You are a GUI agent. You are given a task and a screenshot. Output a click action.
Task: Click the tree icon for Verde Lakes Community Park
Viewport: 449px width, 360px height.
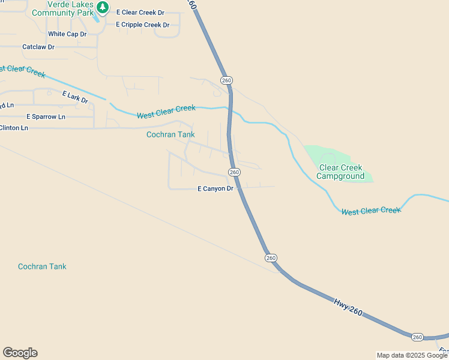(103, 7)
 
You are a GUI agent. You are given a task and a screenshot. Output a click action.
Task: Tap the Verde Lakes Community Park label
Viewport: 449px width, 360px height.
(62, 8)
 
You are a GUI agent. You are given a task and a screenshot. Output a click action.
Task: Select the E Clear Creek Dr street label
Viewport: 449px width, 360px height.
(140, 12)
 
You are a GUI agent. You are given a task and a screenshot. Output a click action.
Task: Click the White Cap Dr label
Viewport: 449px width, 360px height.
(67, 34)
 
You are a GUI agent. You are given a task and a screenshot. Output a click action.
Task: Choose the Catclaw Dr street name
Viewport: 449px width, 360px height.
(38, 46)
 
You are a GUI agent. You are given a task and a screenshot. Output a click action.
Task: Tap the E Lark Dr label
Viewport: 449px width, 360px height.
(75, 97)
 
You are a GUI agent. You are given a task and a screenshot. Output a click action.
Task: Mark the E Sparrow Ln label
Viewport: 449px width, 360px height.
(46, 116)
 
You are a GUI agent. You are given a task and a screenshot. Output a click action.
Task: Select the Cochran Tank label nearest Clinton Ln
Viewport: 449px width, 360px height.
(170, 134)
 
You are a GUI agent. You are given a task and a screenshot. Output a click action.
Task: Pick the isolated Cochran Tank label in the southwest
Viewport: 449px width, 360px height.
(42, 266)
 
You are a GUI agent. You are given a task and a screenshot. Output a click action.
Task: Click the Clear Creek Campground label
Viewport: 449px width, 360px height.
(341, 172)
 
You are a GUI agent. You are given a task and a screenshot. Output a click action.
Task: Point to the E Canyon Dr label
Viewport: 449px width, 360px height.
(215, 189)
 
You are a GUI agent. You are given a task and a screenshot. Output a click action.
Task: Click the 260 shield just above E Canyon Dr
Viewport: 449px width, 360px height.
(234, 172)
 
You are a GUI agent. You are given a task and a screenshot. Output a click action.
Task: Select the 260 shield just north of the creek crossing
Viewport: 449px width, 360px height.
(226, 80)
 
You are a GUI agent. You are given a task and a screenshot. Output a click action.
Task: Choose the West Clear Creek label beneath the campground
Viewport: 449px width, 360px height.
(370, 211)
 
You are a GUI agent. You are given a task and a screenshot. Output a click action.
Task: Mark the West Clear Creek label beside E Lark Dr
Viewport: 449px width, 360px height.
(166, 112)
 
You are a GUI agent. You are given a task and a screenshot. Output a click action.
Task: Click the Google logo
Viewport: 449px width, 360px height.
(20, 353)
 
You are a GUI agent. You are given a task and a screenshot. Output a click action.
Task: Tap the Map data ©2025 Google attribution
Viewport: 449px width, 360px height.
(412, 355)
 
